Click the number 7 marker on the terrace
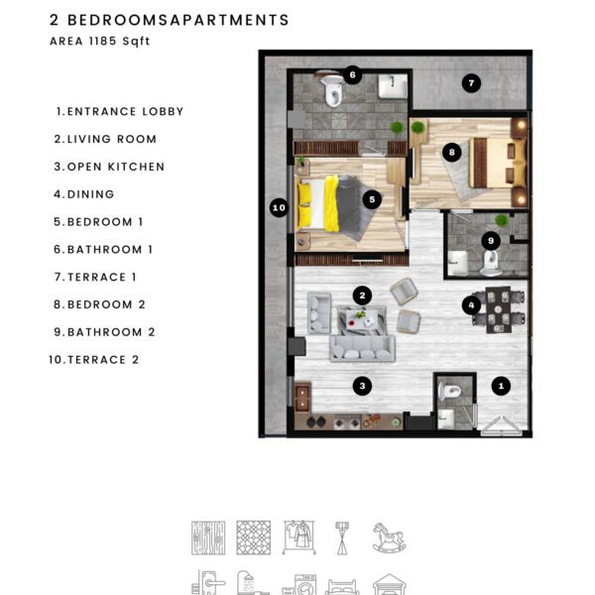click(x=471, y=83)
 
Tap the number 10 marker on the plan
click(x=279, y=207)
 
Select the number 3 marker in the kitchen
click(x=362, y=386)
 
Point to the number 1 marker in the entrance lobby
click(x=501, y=386)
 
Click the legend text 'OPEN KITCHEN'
click(x=116, y=167)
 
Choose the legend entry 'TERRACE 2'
click(x=103, y=360)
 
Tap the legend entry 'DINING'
click(x=90, y=194)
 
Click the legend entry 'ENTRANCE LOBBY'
click(x=125, y=111)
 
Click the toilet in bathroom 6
click(x=333, y=90)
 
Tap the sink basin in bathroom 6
click(x=393, y=86)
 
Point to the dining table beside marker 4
click(x=498, y=310)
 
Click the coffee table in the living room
click(x=362, y=320)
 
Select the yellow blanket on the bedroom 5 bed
click(x=331, y=203)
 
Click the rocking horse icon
click(x=389, y=537)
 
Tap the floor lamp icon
click(x=342, y=538)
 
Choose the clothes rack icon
click(x=299, y=537)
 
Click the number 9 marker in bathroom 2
click(x=491, y=241)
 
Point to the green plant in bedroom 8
click(x=417, y=127)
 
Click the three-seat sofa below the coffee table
click(x=362, y=348)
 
